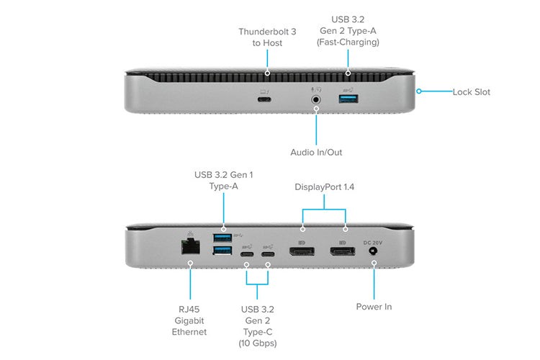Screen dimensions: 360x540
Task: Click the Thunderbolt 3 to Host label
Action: [266, 37]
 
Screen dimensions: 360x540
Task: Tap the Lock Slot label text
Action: [471, 92]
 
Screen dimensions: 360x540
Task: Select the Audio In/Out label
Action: [317, 152]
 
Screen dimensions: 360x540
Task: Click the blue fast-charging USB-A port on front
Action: [348, 99]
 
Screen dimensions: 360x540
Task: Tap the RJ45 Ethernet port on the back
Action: [191, 246]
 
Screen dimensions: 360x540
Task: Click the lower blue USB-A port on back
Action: [222, 251]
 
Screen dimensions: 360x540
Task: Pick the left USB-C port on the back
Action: [247, 253]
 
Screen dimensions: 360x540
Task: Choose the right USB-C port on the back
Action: [269, 253]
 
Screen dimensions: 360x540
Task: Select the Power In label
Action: [374, 307]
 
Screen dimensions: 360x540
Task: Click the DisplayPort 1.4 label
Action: [324, 187]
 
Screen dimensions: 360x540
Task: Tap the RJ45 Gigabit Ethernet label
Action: [191, 320]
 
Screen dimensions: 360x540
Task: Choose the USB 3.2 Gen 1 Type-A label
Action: [222, 180]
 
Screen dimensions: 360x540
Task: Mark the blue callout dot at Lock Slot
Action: [420, 91]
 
